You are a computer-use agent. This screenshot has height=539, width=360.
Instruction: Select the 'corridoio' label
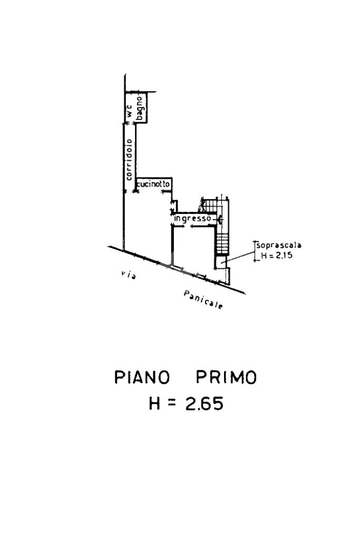point(129,160)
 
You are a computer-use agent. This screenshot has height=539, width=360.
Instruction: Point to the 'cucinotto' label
point(153,184)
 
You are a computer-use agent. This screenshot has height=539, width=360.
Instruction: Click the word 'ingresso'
point(192,219)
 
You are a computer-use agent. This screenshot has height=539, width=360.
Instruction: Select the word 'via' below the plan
point(129,275)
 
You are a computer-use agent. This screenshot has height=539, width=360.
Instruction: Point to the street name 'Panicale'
point(203,300)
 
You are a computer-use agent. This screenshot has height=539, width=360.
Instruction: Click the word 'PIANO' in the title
point(142,377)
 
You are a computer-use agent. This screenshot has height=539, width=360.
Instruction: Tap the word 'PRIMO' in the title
point(227,377)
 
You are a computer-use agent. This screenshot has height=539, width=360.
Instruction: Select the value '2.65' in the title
point(204,403)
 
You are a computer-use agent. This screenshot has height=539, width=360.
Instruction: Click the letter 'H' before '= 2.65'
point(155,403)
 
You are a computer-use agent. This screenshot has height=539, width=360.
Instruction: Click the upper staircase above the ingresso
point(208,205)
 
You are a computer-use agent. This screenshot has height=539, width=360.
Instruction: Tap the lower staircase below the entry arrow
point(222,244)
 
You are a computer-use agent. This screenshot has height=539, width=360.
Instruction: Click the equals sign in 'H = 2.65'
point(172,404)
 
